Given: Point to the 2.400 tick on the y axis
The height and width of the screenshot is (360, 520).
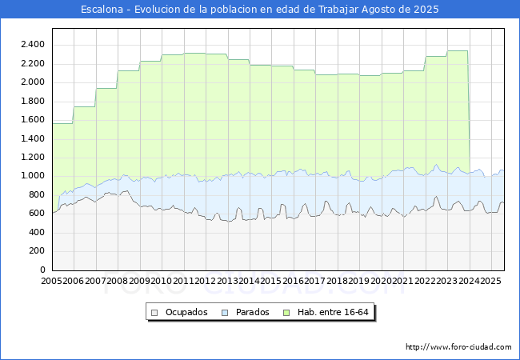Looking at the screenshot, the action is point(33,45).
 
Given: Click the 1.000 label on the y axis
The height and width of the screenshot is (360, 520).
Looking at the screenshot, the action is point(33,176).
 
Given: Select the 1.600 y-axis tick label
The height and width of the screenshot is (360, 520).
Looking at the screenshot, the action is point(33,120).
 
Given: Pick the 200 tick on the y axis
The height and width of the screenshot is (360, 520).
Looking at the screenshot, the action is point(37,251).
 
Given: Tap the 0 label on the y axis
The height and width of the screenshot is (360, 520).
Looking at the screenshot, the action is point(42,270).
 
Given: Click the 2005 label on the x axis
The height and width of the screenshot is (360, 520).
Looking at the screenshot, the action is point(51,281).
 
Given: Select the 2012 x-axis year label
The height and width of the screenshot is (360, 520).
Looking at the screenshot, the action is point(206,281).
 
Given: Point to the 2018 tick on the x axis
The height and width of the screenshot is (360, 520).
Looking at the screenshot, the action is point(337,281).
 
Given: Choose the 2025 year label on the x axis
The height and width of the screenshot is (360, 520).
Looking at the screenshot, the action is point(491,281).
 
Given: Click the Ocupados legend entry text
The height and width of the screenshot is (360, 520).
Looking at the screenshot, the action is point(186,312).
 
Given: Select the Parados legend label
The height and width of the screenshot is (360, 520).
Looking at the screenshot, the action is point(252,312).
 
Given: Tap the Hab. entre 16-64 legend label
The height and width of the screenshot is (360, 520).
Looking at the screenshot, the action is point(333,312).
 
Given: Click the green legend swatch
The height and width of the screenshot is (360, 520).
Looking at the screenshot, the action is point(286,313).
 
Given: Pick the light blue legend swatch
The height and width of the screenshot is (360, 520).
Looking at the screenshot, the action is point(225,313).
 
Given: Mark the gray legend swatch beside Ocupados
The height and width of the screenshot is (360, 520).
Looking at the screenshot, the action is point(154,313).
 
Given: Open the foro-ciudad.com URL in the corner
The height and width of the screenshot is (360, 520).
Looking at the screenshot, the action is point(458,347).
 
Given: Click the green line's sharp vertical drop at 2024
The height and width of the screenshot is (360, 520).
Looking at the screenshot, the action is point(469,112).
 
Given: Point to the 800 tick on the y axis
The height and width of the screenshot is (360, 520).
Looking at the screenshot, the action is point(37,194).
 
